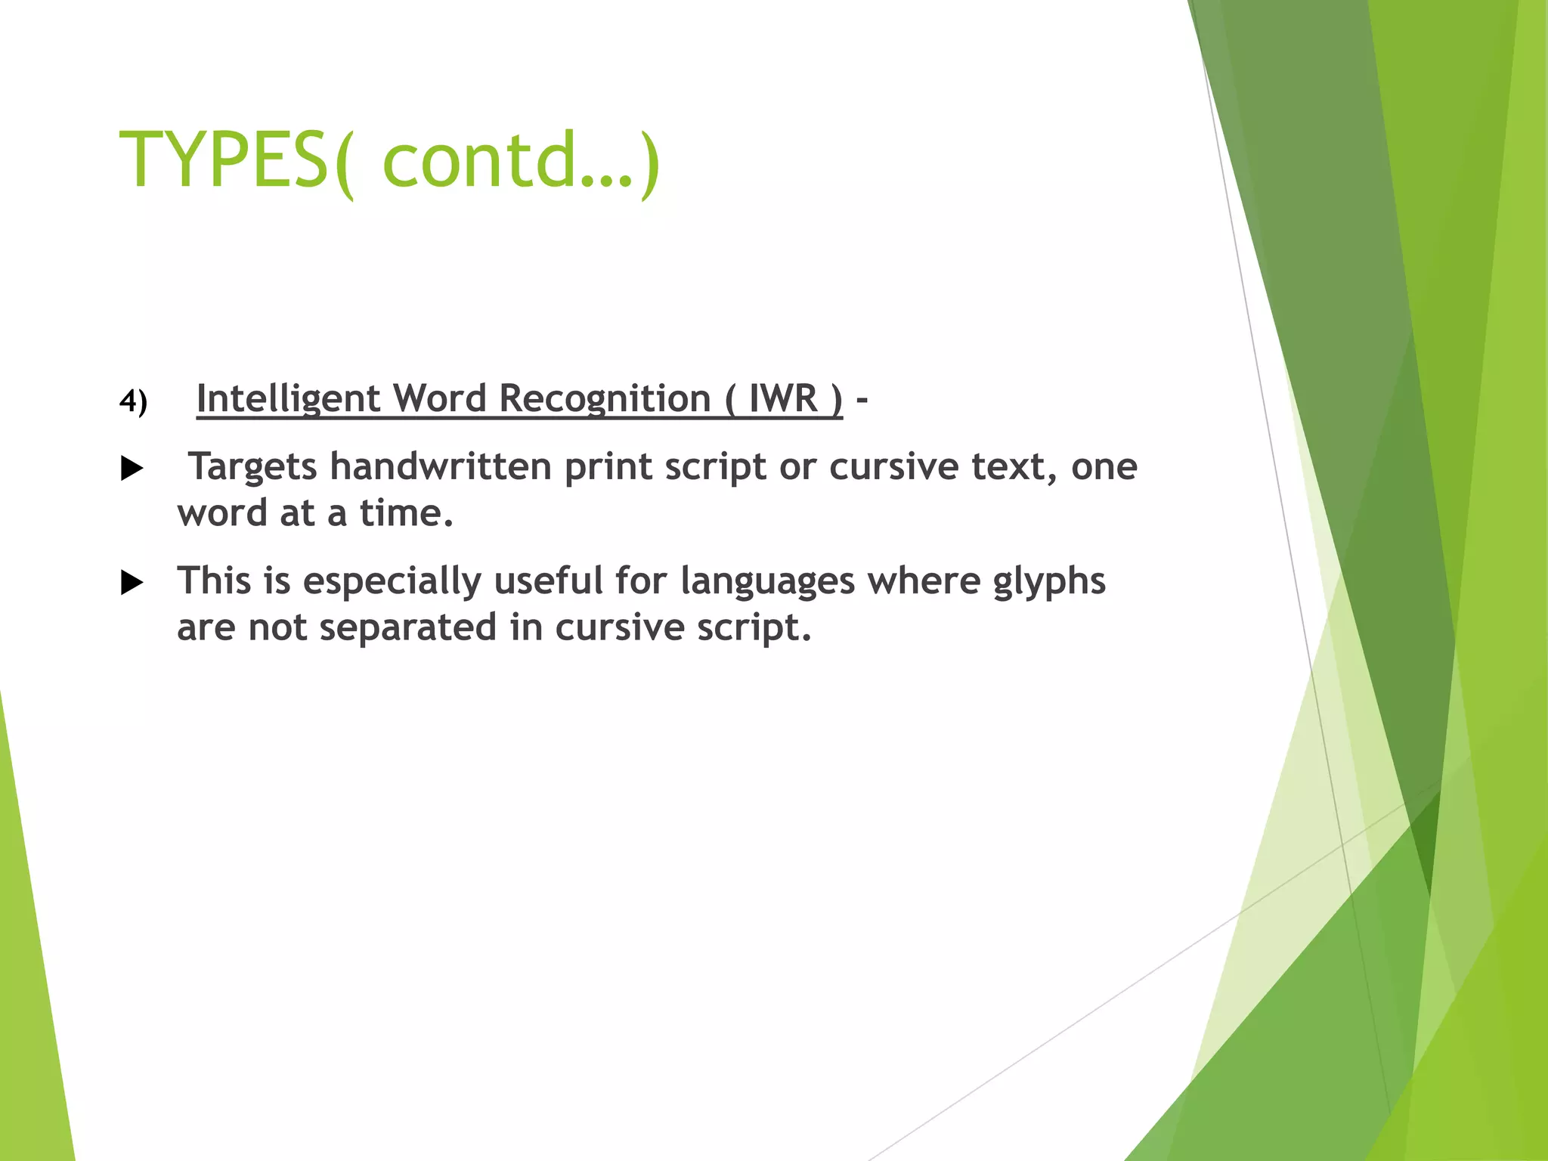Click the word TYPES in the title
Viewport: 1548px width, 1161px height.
click(x=223, y=160)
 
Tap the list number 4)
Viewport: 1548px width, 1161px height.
click(x=133, y=401)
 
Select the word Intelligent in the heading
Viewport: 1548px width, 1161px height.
click(x=288, y=399)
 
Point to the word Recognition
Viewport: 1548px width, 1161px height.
click(x=605, y=399)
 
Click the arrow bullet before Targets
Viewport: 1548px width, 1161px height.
click(x=132, y=469)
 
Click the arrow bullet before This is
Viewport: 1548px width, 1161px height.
click(x=132, y=583)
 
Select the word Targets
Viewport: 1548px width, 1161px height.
click(x=252, y=467)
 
